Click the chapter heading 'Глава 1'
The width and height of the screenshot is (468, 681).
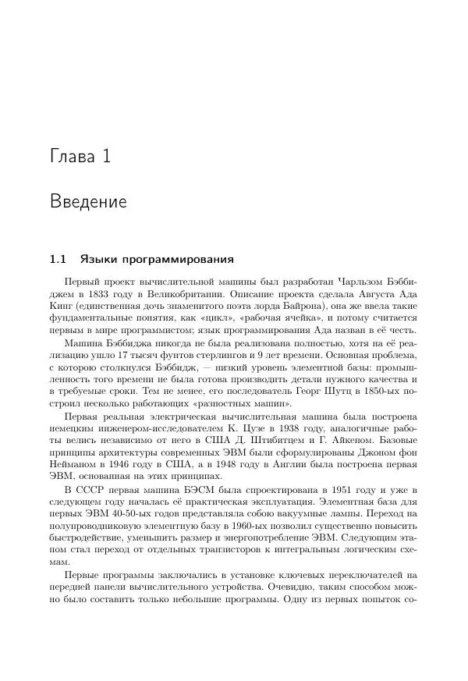[80, 157]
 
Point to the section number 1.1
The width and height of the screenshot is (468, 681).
[58, 258]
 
